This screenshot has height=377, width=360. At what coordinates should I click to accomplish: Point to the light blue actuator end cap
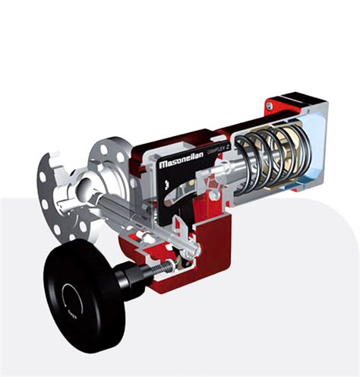(x=319, y=152)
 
